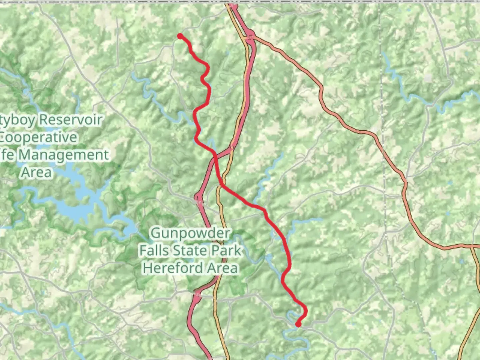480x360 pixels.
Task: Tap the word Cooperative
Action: coord(38,137)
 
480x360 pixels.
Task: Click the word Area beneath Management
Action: coord(37,172)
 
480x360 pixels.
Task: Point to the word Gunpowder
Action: coord(190,233)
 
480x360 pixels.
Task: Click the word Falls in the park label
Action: coord(154,250)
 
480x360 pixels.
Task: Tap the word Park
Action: coord(227,250)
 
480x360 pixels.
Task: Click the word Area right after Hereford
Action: coord(222,268)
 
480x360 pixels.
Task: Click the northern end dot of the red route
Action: coord(180,36)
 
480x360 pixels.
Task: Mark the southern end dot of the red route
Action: coord(298,324)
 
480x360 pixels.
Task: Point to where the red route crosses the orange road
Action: coord(223,183)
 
